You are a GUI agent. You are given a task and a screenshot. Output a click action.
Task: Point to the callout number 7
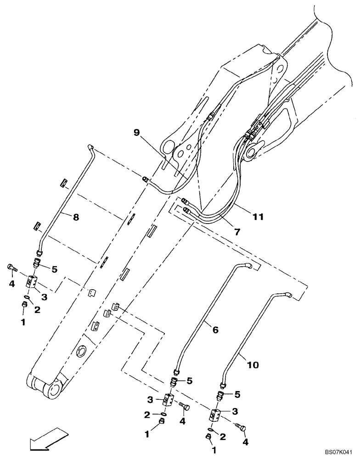click(237, 232)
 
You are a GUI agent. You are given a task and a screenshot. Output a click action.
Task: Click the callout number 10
click(253, 365)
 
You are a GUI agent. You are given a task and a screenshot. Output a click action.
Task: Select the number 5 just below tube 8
click(54, 270)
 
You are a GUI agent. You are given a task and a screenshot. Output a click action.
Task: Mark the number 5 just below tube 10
click(237, 394)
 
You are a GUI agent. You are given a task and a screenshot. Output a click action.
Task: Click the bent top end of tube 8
click(91, 147)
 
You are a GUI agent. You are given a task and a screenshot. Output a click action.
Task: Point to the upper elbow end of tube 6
click(248, 265)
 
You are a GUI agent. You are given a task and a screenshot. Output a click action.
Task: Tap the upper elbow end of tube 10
click(288, 295)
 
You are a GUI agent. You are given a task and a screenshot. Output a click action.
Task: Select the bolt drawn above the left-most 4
click(11, 268)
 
